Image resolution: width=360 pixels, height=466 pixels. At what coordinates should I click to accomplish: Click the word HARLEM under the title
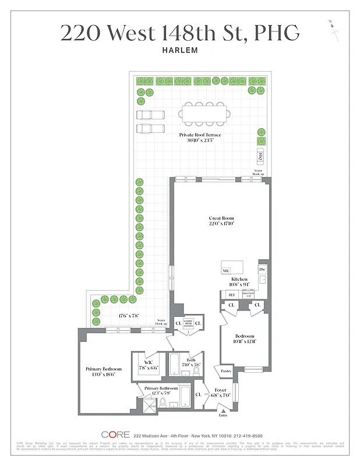(180, 51)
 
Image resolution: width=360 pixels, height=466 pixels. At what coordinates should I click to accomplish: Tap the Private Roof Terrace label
(200, 135)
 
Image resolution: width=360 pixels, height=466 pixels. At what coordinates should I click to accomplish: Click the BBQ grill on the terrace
(260, 156)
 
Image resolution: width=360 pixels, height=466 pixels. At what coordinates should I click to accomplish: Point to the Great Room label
(221, 219)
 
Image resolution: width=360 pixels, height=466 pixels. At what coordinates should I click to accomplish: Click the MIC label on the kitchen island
(225, 271)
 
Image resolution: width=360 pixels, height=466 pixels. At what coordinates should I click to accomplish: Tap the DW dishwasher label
(262, 270)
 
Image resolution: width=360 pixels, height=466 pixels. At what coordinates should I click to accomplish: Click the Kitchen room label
(239, 280)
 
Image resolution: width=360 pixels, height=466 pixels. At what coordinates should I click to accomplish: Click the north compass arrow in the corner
(334, 29)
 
